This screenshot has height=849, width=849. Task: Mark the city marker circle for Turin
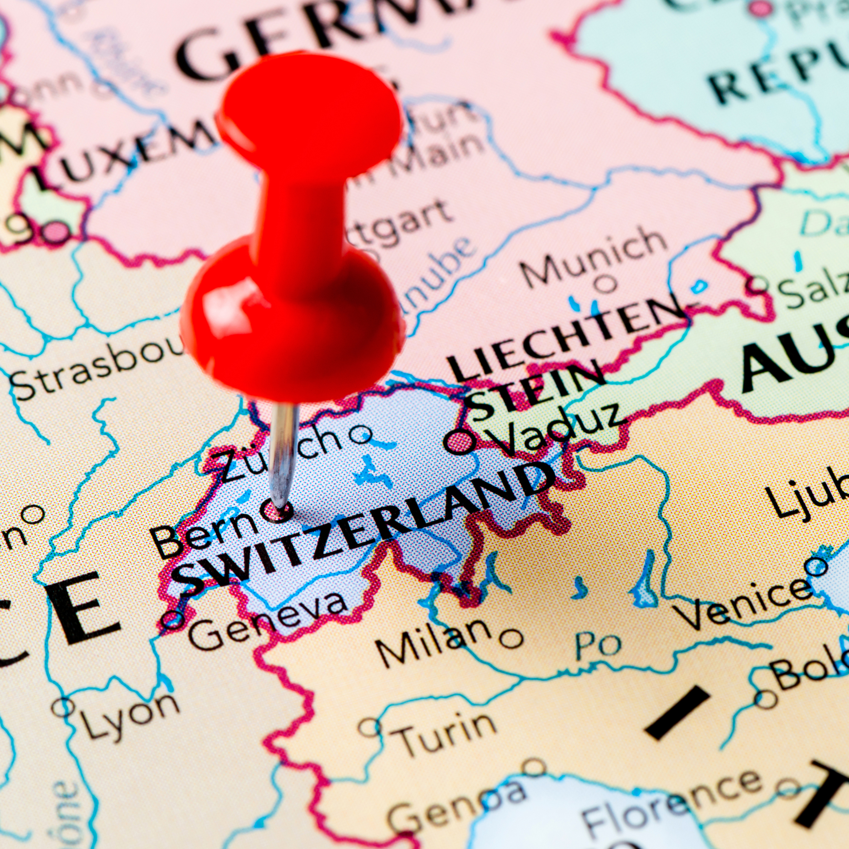point(369,727)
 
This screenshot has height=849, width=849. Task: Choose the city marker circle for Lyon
point(63,707)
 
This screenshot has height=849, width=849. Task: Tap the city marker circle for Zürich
point(360,435)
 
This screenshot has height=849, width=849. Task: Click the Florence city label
point(672,804)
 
